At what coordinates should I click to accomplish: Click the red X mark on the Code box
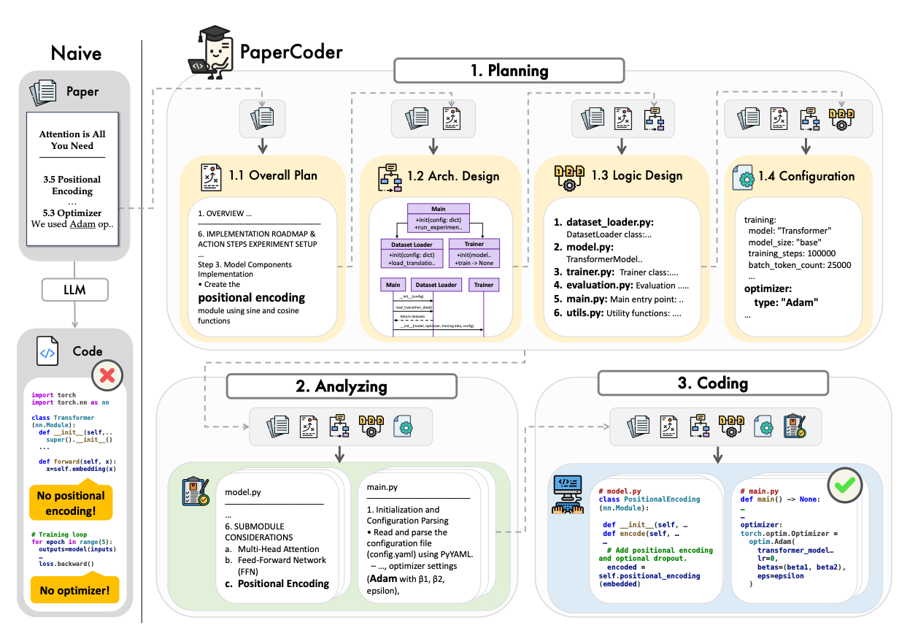point(107,376)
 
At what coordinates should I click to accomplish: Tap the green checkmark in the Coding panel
point(844,483)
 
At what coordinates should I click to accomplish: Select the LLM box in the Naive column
point(74,289)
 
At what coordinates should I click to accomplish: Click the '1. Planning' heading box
point(509,71)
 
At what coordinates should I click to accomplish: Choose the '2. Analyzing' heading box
point(341,386)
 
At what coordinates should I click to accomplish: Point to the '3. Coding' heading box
point(713,383)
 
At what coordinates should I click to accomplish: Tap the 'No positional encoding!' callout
point(71,502)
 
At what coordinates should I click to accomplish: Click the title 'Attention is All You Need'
point(72,139)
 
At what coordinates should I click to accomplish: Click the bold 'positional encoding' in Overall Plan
point(252,298)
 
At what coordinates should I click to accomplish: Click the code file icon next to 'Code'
point(48,352)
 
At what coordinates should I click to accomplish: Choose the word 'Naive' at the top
point(76,53)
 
